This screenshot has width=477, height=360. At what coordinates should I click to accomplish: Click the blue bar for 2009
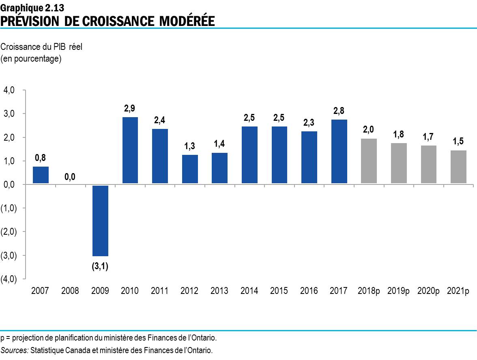pyautogui.click(x=100, y=221)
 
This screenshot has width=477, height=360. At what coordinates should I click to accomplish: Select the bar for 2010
pyautogui.click(x=130, y=150)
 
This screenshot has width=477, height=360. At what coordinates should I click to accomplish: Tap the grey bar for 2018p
pyautogui.click(x=369, y=161)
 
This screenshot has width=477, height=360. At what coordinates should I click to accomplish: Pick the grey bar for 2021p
pyautogui.click(x=458, y=167)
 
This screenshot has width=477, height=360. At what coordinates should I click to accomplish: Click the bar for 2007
pyautogui.click(x=41, y=175)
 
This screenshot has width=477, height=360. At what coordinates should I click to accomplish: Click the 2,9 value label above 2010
pyautogui.click(x=130, y=109)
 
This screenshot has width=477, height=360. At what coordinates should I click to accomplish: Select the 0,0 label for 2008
pyautogui.click(x=70, y=177)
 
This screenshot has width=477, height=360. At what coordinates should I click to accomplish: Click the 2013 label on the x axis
pyautogui.click(x=219, y=291)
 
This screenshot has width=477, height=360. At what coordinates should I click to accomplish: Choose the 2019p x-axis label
pyautogui.click(x=398, y=291)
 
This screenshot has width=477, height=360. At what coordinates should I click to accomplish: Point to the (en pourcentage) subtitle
pyautogui.click(x=31, y=59)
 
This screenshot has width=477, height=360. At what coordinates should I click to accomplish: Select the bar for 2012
pyautogui.click(x=189, y=169)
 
